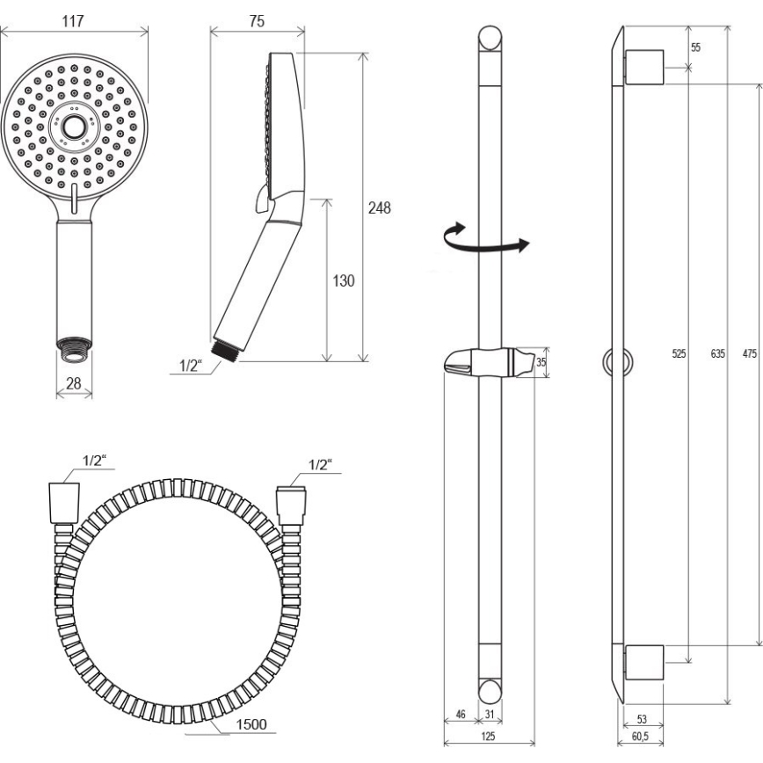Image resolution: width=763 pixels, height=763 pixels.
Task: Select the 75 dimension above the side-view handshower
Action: pos(257,23)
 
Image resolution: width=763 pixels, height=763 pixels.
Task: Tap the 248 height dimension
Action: pos(379,208)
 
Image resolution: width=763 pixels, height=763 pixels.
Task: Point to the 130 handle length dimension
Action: pos(344,281)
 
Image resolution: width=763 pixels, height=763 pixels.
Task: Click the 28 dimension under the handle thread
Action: pos(74,383)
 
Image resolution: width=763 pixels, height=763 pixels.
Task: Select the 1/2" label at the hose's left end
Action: pos(94,460)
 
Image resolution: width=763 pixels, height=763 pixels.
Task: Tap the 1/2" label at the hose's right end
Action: pos(321,464)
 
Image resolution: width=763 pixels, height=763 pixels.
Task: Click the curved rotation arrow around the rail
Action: pos(486,240)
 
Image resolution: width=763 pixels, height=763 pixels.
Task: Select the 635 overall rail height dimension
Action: pos(716,355)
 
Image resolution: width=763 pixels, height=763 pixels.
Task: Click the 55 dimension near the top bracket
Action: pos(695,47)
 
